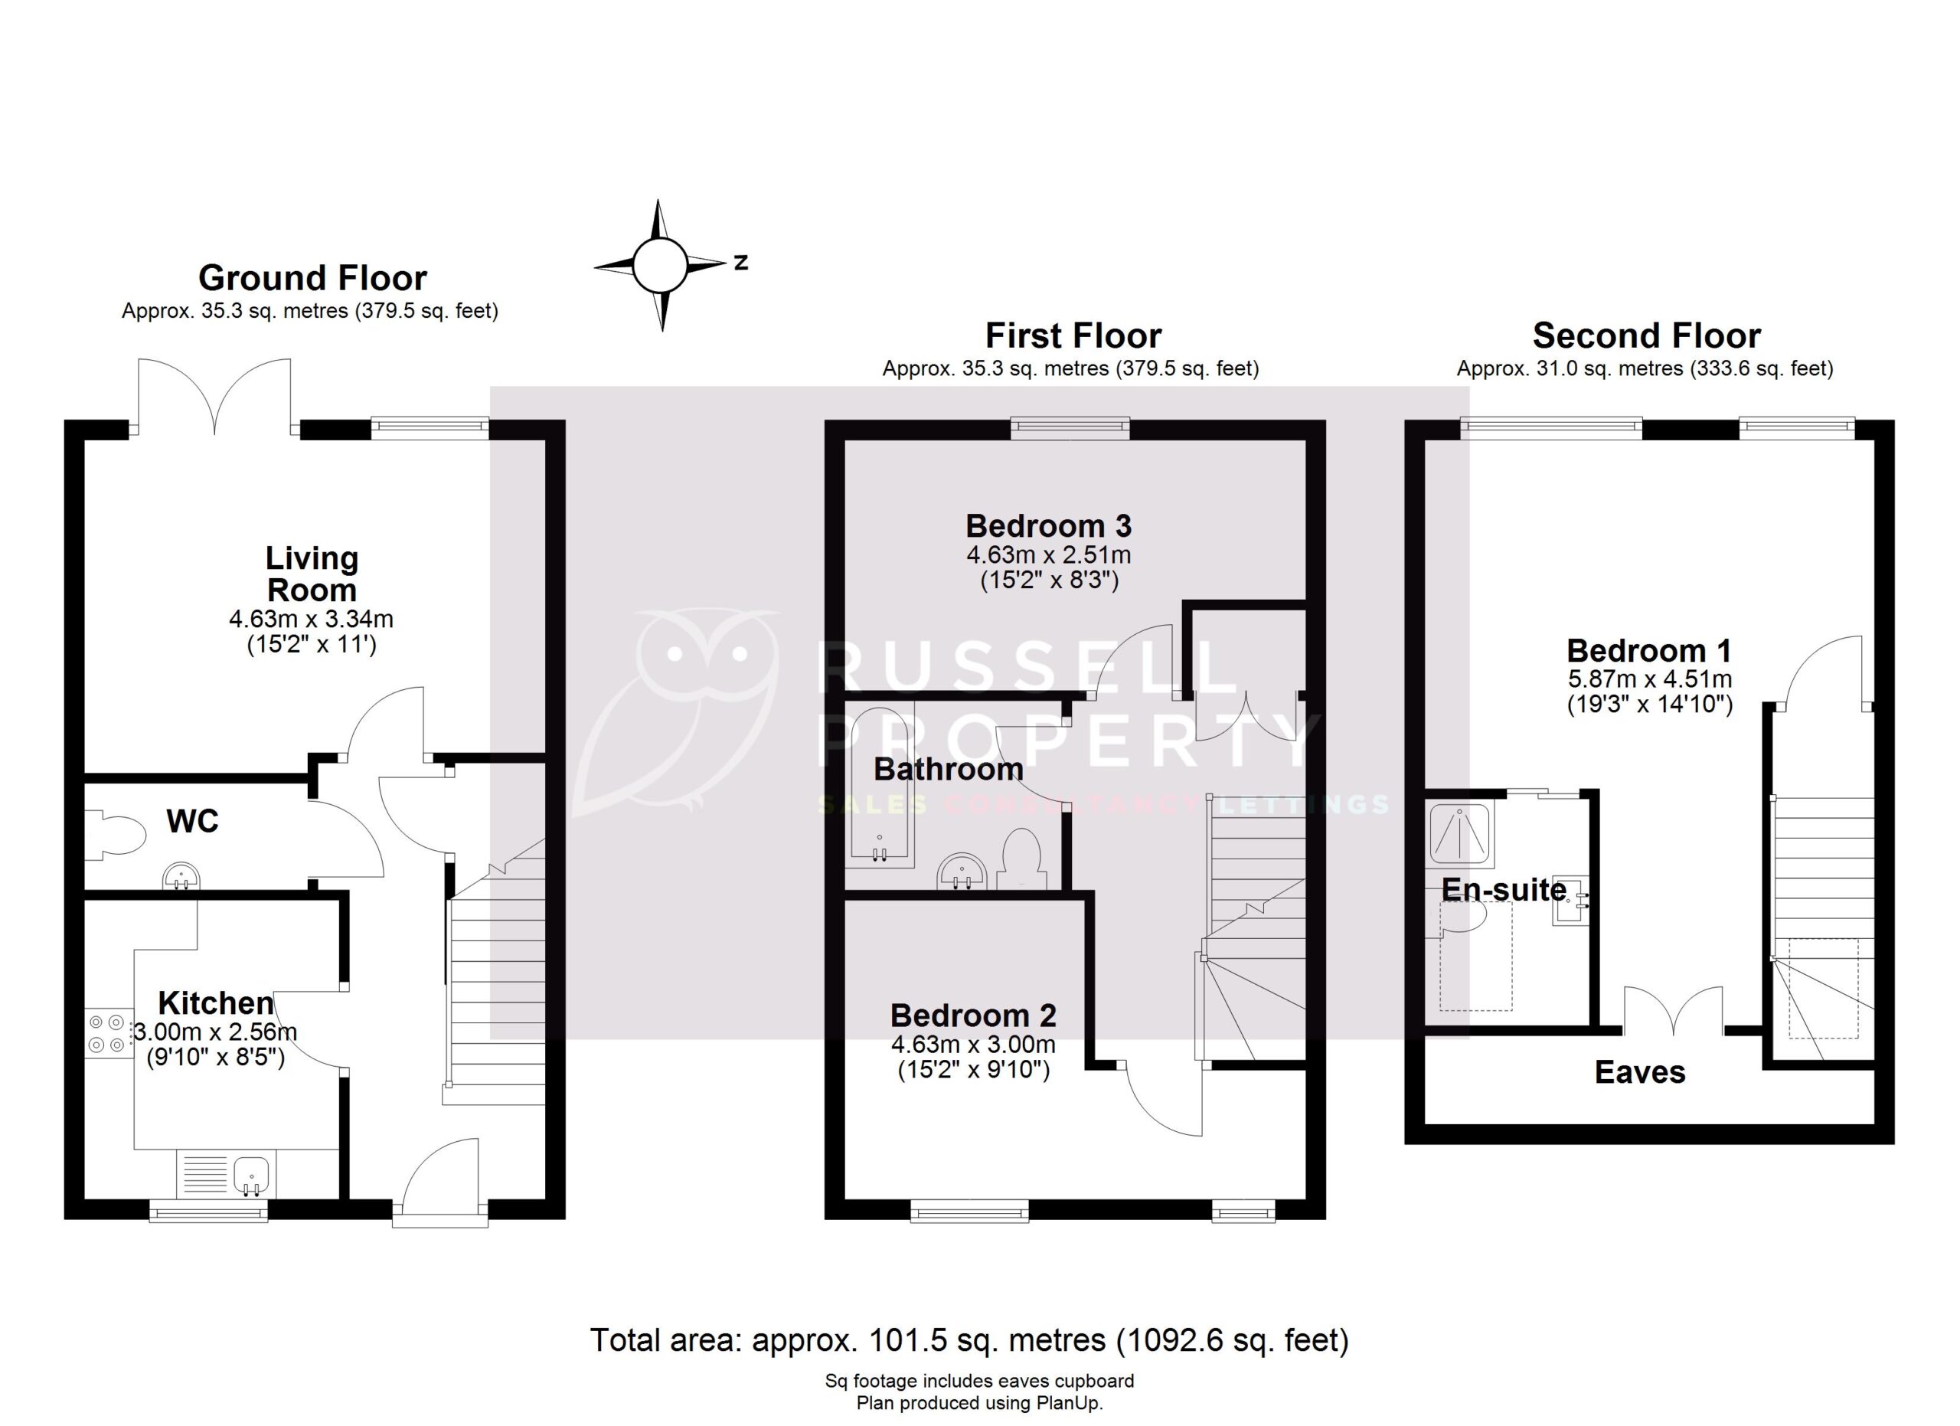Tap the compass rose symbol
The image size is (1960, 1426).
(x=659, y=265)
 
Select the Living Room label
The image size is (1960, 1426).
(x=311, y=574)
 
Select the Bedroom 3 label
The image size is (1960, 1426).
(x=1048, y=525)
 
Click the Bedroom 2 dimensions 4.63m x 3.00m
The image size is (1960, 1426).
(x=973, y=1044)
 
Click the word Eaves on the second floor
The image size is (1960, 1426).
(x=1639, y=1072)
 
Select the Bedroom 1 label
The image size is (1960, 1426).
(x=1649, y=650)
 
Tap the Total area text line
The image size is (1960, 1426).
(x=969, y=1340)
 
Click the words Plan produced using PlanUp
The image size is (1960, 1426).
(x=979, y=1404)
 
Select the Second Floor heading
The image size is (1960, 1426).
(x=1646, y=335)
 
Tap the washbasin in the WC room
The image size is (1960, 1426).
(x=181, y=875)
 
